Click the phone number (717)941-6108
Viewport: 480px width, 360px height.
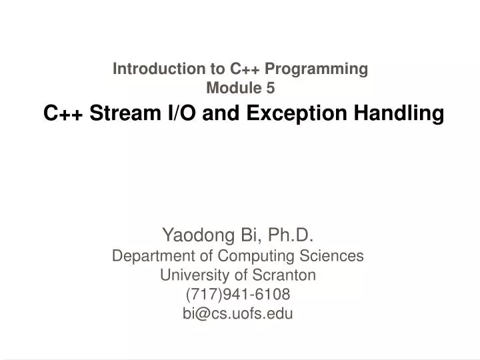coord(238,295)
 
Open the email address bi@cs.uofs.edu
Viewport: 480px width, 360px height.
coord(238,314)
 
